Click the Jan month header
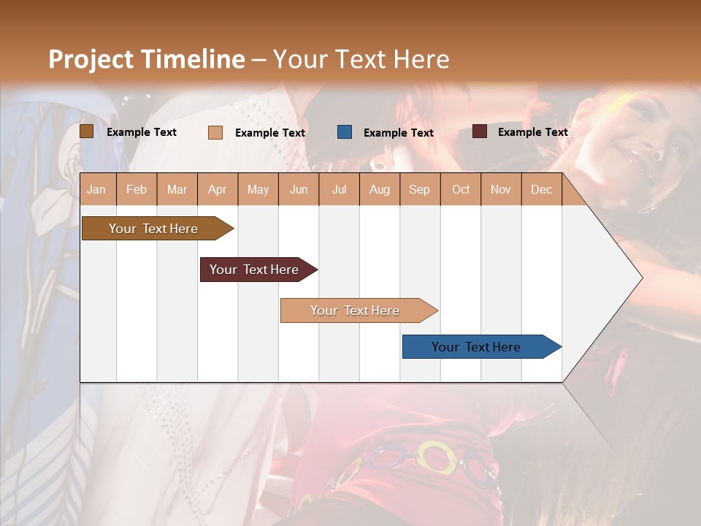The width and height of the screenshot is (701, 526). click(x=97, y=189)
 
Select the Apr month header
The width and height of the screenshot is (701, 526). click(x=218, y=189)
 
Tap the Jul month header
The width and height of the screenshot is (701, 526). click(x=339, y=189)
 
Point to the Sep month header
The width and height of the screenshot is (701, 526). click(x=419, y=189)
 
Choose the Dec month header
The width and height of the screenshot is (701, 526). click(x=541, y=189)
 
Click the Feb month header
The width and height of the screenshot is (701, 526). click(x=137, y=189)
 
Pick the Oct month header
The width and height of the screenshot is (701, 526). click(x=461, y=189)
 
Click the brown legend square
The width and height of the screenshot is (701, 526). click(x=87, y=131)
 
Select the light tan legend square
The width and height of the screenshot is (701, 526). click(x=215, y=132)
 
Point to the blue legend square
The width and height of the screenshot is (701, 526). click(x=345, y=132)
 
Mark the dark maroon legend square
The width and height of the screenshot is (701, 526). click(x=480, y=131)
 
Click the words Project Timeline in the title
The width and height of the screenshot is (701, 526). click(x=147, y=59)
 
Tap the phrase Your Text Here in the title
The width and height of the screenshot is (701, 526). click(x=361, y=59)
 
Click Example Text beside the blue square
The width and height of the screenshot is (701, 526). click(x=398, y=133)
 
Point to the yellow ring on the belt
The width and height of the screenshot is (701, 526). click(x=436, y=457)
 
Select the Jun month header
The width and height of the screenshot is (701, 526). click(x=299, y=189)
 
